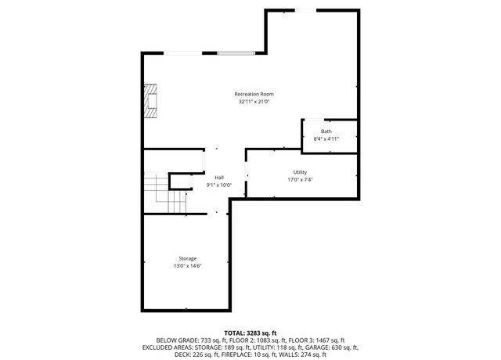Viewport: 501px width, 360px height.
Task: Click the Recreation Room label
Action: tap(254, 94)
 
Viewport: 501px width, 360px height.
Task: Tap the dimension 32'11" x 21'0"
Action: tap(254, 102)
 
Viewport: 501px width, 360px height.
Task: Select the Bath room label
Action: tap(326, 131)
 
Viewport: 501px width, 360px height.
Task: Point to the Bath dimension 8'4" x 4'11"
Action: tap(326, 139)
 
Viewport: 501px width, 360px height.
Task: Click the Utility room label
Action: tap(300, 172)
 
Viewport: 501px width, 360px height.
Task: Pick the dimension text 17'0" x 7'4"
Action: tap(300, 180)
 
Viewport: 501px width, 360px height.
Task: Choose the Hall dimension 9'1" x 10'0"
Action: tap(219, 185)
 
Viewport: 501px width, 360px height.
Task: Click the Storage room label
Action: tap(187, 258)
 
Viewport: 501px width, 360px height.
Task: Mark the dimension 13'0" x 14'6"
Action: tap(187, 266)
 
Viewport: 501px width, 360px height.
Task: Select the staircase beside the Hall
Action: tap(167, 196)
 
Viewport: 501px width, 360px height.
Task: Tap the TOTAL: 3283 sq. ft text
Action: tap(250, 333)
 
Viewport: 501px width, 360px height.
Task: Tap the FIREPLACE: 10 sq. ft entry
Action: tap(250, 354)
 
